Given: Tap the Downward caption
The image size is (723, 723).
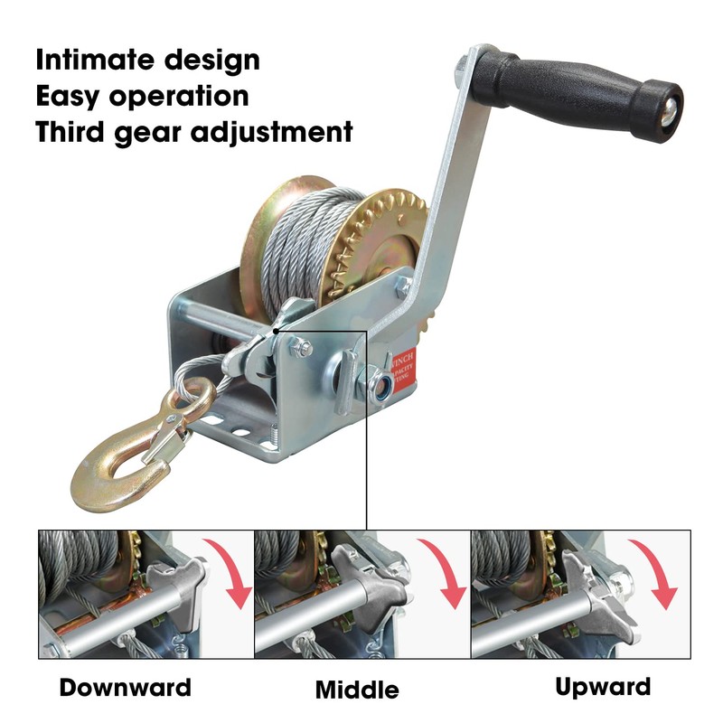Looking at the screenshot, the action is coord(126,688).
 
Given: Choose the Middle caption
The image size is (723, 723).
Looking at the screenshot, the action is coord(357,691).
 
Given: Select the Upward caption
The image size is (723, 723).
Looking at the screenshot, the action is coord(603,687).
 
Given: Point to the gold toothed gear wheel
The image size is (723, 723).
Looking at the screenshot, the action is coord(380,235).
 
